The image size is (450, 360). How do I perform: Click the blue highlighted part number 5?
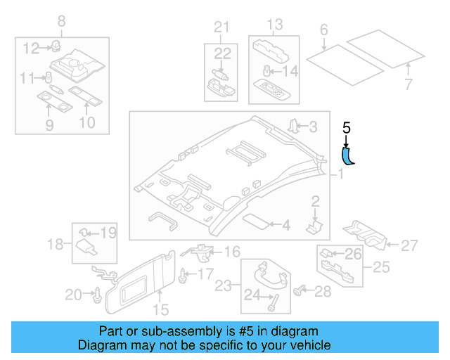pyautogui.click(x=347, y=156)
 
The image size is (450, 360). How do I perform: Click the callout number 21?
pyautogui.click(x=222, y=27)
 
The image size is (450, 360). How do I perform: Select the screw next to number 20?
pyautogui.click(x=97, y=296)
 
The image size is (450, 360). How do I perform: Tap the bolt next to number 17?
pyautogui.click(x=183, y=274)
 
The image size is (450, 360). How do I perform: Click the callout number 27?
pyautogui.click(x=409, y=245)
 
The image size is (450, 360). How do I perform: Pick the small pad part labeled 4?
pyautogui.click(x=257, y=224)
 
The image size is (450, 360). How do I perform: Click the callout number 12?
pyautogui.click(x=31, y=48)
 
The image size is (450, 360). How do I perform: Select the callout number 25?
pyautogui.click(x=380, y=267)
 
